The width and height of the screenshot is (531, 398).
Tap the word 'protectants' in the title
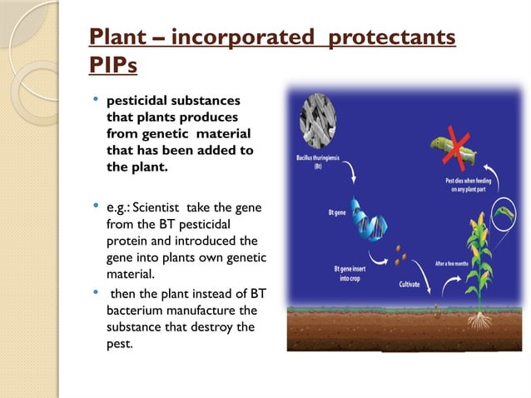390,38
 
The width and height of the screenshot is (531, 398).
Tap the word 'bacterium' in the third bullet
133,311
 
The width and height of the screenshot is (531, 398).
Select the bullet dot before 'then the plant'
96,292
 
